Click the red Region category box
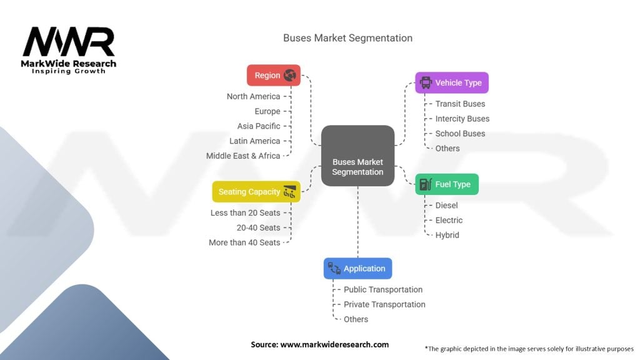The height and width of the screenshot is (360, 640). [273, 75]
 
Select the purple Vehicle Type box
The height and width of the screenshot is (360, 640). [451, 82]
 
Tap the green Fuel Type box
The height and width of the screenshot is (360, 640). [446, 184]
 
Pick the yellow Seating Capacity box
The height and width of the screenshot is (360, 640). [256, 192]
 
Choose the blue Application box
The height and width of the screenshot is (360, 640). [357, 268]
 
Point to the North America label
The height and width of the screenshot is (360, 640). [253, 96]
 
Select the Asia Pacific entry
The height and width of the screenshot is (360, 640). [259, 126]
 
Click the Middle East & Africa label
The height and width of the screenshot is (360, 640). [243, 156]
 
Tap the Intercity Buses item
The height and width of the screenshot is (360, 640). [462, 119]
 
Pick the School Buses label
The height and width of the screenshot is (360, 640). [460, 134]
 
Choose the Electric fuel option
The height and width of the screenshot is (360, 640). [449, 220]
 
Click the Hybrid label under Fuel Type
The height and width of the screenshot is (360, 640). [447, 235]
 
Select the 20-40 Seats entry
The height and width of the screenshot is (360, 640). [258, 227]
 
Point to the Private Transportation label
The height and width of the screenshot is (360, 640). [384, 304]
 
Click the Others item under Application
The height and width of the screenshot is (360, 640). [356, 319]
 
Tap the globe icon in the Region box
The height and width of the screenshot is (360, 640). [289, 75]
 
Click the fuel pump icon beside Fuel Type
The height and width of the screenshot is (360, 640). [425, 184]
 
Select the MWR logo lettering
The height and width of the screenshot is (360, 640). [69, 42]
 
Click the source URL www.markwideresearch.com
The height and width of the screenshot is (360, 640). [334, 344]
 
